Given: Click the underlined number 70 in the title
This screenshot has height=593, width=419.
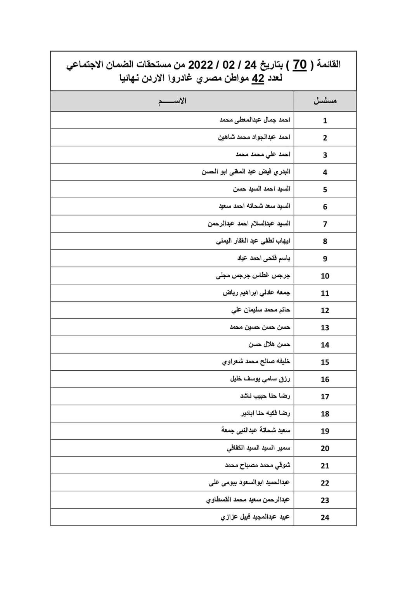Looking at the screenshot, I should [300, 64].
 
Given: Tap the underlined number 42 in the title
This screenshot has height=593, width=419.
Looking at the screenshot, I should [258, 79].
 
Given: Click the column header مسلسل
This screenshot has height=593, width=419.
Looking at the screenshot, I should [325, 101].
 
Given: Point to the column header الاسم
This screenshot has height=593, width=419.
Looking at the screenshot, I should [172, 101].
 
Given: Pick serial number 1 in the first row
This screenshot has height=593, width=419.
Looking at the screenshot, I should [325, 121].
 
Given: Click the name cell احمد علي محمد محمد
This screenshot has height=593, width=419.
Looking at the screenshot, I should [263, 154].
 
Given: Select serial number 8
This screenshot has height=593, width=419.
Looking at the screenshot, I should [325, 241].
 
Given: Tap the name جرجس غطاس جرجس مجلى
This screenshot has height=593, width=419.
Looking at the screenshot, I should [253, 276].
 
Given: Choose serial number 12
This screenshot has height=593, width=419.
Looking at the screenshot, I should [325, 310].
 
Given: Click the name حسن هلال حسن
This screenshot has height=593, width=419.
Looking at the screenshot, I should [269, 344].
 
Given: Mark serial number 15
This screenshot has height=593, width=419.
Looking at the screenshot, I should [325, 362].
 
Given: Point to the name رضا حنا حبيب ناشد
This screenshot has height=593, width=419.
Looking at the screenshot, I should [265, 396].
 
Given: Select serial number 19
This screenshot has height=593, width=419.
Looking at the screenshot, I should [325, 431].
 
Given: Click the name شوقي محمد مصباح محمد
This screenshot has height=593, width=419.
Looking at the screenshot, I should [258, 465].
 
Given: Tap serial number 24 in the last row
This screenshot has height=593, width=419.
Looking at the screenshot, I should [325, 517].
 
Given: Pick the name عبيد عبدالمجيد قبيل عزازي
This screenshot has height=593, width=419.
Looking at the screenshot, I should [255, 517].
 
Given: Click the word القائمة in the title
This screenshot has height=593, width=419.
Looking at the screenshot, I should [329, 64].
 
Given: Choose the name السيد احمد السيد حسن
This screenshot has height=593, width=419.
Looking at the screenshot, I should [261, 189].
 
